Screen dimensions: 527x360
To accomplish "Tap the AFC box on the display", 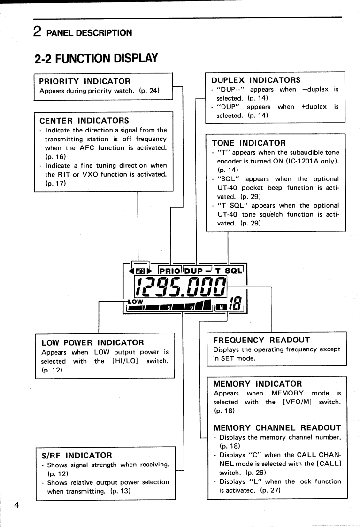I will coord(138,271).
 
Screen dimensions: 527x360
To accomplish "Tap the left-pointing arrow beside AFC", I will coord(130,271).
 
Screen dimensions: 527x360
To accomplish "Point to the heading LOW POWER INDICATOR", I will coord(92,342).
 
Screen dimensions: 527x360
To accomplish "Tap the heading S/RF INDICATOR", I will coord(76,456).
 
